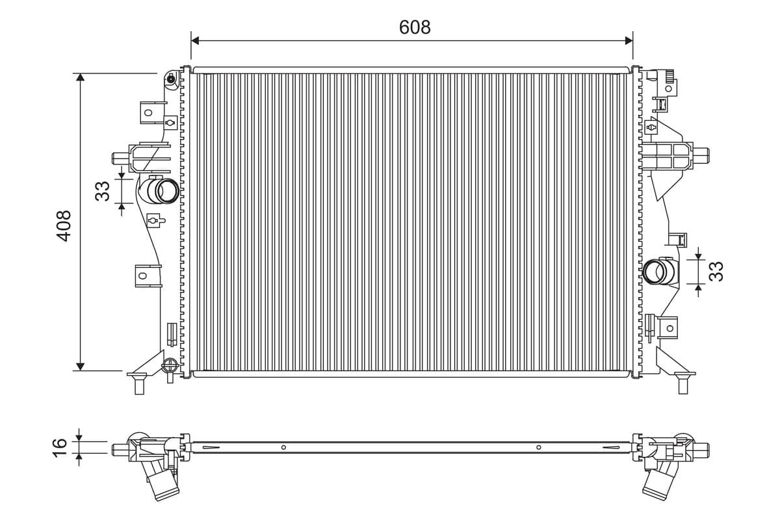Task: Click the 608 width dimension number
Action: click(415, 27)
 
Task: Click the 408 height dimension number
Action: click(64, 226)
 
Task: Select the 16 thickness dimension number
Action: click(60, 448)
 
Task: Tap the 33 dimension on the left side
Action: click(103, 191)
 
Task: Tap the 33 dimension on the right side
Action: click(716, 271)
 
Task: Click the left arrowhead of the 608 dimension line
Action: click(195, 41)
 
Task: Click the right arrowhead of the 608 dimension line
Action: click(629, 41)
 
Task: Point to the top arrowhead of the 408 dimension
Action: click(81, 77)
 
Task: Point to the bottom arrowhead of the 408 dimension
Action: click(81, 367)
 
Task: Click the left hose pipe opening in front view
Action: click(168, 191)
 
